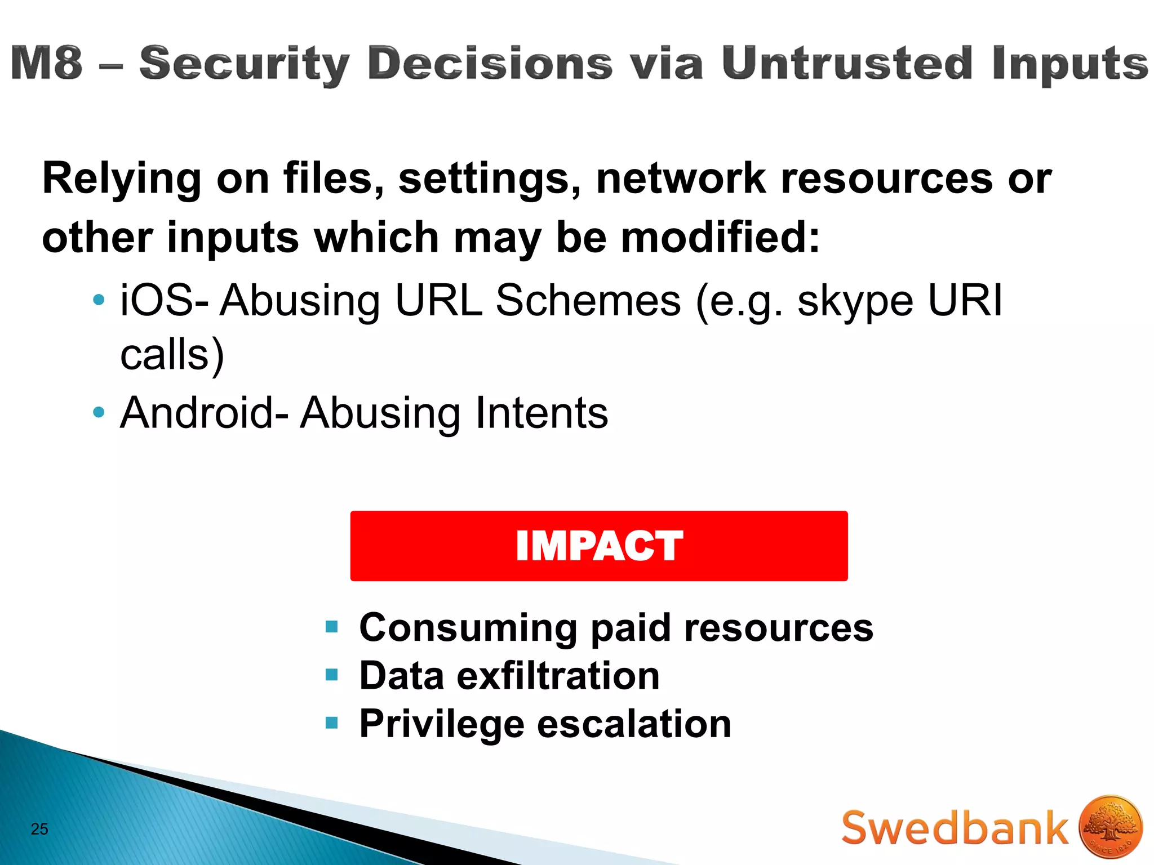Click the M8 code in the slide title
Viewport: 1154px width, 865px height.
pos(47,63)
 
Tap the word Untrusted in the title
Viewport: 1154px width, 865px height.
pos(846,63)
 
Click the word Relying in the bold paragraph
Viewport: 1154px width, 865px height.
pos(121,179)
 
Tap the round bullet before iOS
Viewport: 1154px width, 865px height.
pos(99,300)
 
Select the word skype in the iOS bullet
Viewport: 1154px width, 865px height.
pos(855,300)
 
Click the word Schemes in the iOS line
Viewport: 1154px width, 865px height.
pos(588,300)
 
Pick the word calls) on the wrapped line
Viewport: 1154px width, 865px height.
pos(172,355)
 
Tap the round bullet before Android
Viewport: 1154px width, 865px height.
pos(99,413)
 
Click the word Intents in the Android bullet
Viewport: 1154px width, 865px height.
pos(542,413)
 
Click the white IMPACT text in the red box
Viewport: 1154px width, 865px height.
pos(599,546)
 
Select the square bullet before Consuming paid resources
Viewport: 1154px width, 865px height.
pos(331,627)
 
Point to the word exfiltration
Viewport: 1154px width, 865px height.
pos(558,676)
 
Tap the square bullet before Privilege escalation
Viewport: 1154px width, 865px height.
pos(331,723)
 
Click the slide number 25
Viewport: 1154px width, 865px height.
pos(39,829)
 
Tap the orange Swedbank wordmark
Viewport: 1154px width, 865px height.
pos(955,828)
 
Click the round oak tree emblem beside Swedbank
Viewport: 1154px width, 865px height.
pos(1111,827)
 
